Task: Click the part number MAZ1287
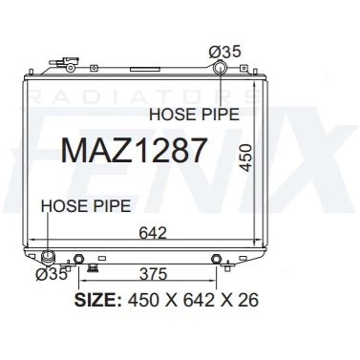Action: [134, 150]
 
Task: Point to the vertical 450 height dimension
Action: [245, 158]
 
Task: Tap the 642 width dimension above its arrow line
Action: [153, 233]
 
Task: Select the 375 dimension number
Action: [153, 274]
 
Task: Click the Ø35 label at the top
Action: [225, 52]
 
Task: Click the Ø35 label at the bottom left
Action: [52, 274]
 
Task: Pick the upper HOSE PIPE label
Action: [194, 115]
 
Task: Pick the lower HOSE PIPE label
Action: [86, 206]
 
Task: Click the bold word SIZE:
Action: [98, 300]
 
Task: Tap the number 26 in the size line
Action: [248, 300]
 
